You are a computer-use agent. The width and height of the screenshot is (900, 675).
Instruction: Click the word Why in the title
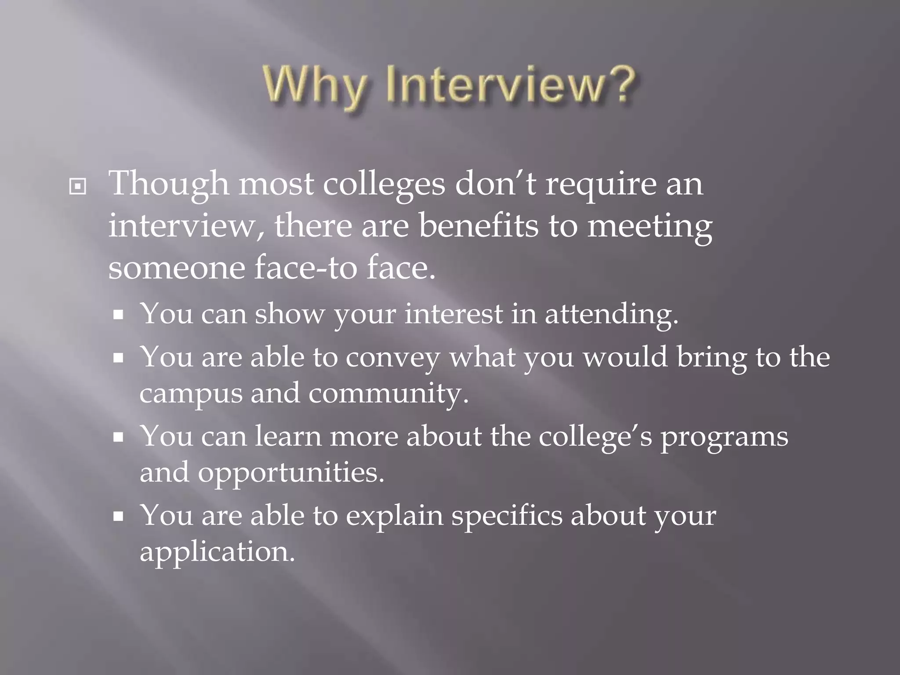point(316,85)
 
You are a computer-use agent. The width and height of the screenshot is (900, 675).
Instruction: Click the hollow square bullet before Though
point(78,187)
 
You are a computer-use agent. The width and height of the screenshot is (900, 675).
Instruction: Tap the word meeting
point(650,227)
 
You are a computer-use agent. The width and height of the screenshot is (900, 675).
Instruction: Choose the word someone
point(177,268)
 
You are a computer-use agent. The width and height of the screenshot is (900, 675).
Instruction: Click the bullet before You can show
point(118,315)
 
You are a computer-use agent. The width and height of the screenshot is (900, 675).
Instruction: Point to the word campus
point(191,394)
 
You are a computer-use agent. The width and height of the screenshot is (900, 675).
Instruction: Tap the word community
point(388,394)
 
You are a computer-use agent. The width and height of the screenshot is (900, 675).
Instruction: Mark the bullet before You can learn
point(118,438)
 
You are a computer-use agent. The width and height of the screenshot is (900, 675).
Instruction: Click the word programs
point(725,438)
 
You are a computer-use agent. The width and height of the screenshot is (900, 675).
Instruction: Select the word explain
point(394,516)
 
